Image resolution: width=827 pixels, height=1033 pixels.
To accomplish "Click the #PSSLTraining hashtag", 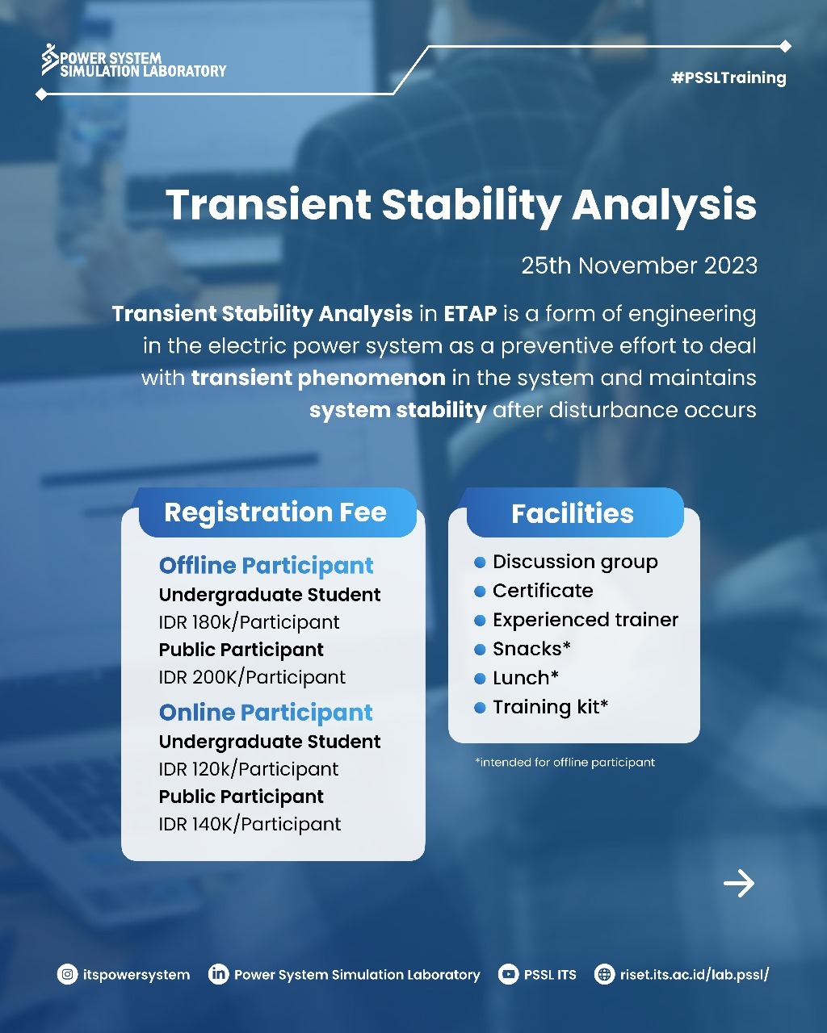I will (728, 78).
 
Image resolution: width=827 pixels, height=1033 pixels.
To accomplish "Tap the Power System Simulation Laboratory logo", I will (134, 62).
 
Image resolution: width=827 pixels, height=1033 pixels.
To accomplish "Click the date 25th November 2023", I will (639, 266).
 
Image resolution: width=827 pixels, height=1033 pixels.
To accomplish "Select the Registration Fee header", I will (275, 512).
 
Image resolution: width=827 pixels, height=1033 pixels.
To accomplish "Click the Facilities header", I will (573, 513).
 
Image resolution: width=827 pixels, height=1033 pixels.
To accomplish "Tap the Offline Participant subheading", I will (266, 566).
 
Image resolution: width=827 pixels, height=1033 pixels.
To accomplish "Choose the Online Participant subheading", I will (266, 713).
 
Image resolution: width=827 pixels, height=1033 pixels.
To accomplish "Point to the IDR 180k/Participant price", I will (249, 622).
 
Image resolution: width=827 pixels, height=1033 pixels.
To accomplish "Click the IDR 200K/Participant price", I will (252, 677).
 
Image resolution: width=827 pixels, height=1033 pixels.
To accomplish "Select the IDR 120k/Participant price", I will (249, 769).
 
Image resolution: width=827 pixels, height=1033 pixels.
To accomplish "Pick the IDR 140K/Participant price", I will (250, 824).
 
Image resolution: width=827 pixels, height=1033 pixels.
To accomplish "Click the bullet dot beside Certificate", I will (480, 592).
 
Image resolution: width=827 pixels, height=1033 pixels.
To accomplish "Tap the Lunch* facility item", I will (525, 678).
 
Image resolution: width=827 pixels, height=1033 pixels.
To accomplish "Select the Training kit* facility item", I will (550, 707).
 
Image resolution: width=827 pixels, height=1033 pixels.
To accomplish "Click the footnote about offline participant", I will (565, 762).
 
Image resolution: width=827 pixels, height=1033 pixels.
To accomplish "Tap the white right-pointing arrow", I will (738, 884).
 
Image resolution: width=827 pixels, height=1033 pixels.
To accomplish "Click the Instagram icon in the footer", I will (67, 974).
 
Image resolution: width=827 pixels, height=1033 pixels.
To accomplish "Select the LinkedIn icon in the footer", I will (218, 974).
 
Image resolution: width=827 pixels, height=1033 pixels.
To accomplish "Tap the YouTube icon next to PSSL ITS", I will (508, 974).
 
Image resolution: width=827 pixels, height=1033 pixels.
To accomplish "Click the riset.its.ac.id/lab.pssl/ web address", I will (694, 974).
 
